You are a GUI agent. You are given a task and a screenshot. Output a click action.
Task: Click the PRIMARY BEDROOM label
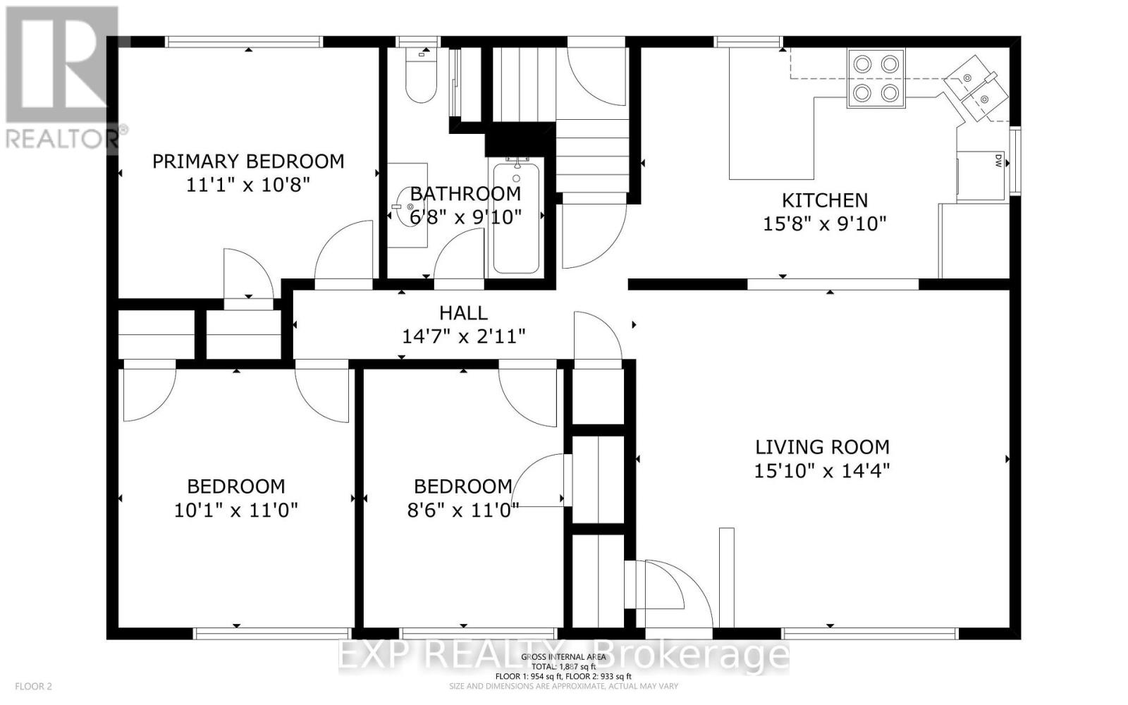pos(248,161)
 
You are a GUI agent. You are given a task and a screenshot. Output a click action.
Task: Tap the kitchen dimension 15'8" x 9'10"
pos(824,224)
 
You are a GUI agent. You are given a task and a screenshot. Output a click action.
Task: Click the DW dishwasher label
pos(998,161)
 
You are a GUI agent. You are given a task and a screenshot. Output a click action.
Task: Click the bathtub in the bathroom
pos(516,219)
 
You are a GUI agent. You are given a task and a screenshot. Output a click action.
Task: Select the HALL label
pos(463,313)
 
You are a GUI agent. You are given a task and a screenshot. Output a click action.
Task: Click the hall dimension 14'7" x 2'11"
pos(463,337)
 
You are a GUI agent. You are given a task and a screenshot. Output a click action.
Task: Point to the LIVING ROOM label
pos(822,447)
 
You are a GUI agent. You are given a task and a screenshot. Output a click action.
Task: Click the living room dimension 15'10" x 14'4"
pos(822,471)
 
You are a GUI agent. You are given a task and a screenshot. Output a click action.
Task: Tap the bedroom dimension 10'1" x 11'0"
pos(236,510)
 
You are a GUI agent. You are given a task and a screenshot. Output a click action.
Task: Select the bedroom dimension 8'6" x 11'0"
pos(462,510)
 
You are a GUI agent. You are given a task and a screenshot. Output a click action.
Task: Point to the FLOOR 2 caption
pos(33,686)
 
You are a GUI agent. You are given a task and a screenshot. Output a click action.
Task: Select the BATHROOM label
pos(465,194)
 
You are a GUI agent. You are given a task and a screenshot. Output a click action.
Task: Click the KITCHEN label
pos(824,200)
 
